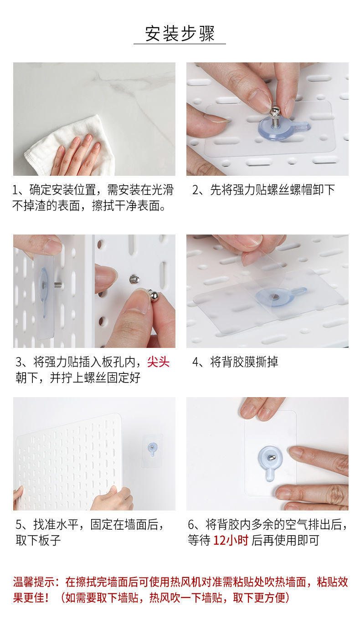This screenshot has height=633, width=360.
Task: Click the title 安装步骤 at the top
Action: coord(180,34)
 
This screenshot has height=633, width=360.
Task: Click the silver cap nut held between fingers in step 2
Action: coord(274,112)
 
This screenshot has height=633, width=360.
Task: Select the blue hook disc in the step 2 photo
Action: coord(278,129)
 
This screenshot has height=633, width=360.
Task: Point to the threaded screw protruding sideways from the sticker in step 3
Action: coord(58,285)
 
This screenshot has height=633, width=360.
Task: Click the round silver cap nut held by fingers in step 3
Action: coord(153,295)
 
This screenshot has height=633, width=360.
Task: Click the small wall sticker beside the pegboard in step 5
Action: coord(152,450)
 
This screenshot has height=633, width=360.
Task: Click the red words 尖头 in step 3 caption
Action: coord(159,362)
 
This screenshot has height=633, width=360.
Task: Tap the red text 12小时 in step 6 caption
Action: coord(231,540)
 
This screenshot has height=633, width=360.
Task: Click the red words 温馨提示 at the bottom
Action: coord(34,582)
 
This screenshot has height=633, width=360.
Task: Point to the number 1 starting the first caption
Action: coord(15,190)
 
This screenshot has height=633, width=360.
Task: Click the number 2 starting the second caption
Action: coord(195,190)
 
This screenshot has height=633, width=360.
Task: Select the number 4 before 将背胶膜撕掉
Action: coord(195,362)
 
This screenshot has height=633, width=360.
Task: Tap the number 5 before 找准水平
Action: coord(19,525)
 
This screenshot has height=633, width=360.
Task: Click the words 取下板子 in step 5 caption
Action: coord(38,540)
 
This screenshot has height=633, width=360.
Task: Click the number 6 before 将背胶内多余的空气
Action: coord(191,525)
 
